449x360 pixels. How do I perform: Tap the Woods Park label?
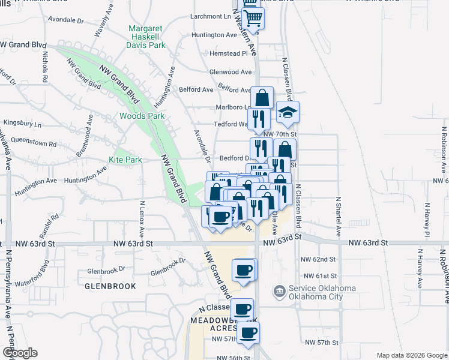coord(142,116)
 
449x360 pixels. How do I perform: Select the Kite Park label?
coord(125,160)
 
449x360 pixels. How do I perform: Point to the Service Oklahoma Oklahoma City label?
coord(322,292)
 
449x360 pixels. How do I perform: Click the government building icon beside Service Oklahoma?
coord(279,292)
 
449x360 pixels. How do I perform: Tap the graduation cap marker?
coord(288,112)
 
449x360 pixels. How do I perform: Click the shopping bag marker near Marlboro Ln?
coord(262,98)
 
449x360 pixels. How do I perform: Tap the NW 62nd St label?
coord(319,259)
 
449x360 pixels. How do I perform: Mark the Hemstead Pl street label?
coord(228,53)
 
